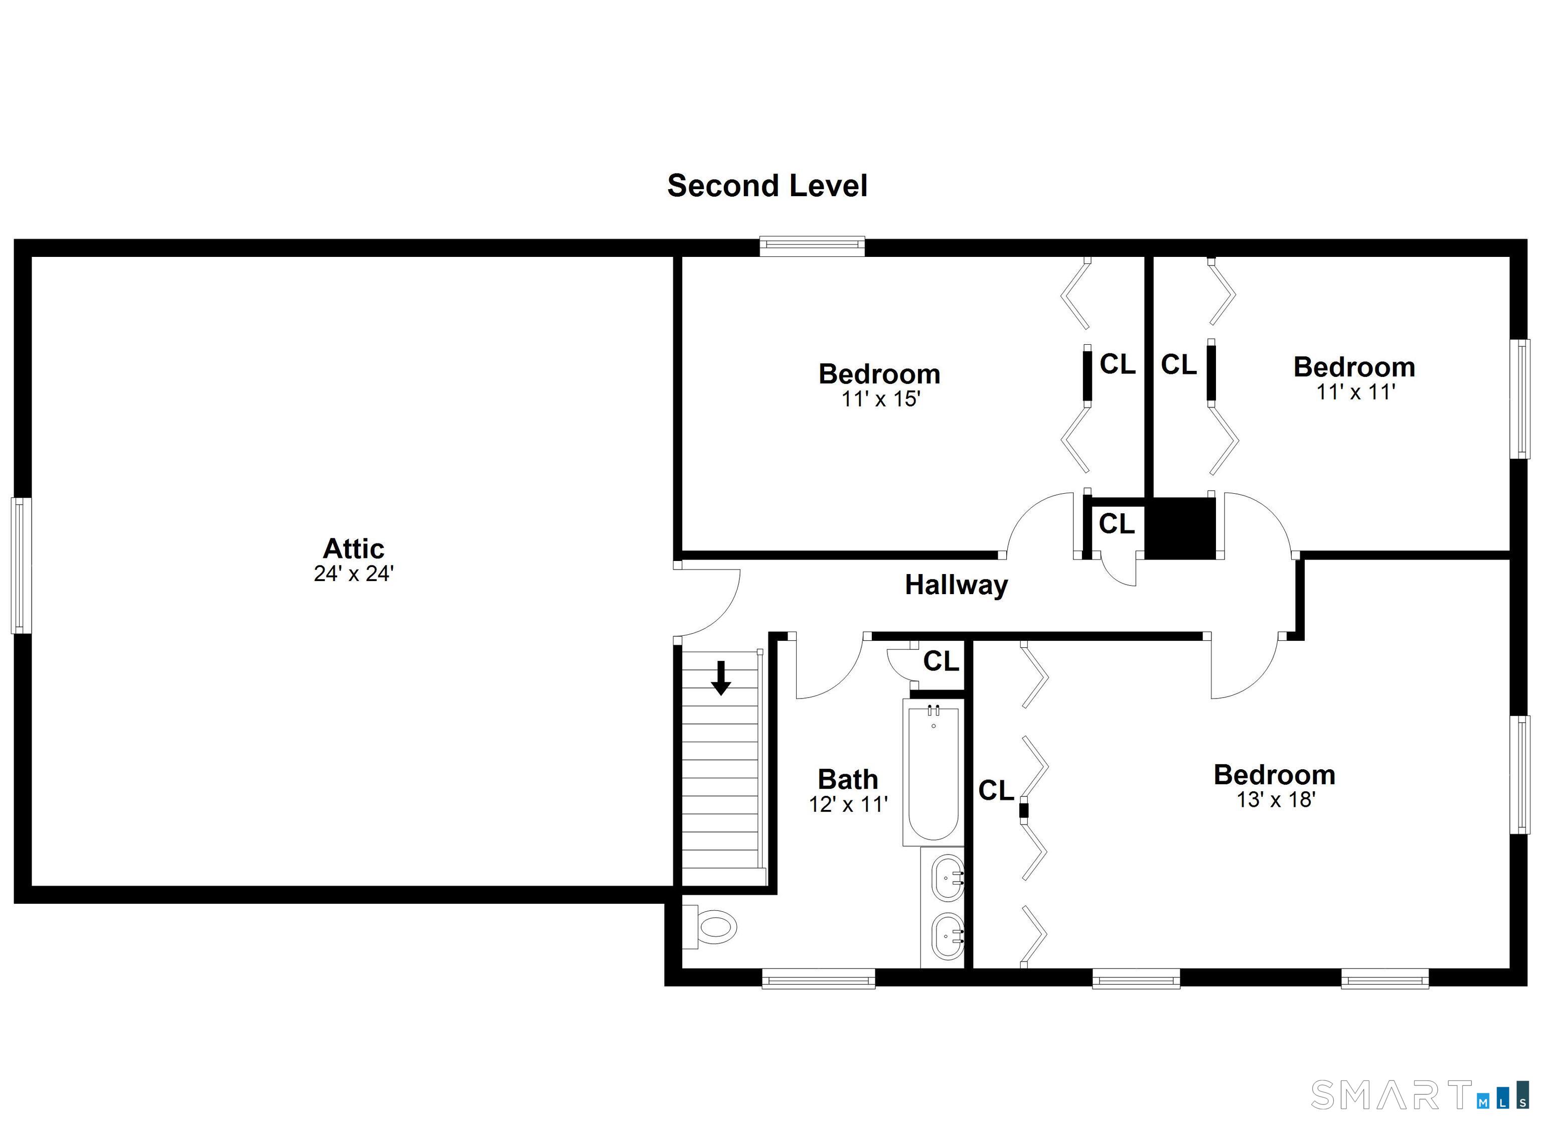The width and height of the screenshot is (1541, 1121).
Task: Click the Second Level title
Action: coord(766,186)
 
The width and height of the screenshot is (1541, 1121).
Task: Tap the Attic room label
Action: coord(353,548)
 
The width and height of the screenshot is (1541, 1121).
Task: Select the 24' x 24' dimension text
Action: coord(353,574)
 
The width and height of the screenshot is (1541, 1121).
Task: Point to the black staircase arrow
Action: coord(721,678)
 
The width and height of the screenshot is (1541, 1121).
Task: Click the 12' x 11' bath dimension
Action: coord(847,805)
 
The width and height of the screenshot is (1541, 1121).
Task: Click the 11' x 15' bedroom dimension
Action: coord(880,399)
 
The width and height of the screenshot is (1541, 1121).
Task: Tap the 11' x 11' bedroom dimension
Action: coord(1355,392)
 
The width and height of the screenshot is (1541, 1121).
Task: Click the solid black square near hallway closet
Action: coord(1180,528)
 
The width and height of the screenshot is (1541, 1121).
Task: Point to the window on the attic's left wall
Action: coord(21,565)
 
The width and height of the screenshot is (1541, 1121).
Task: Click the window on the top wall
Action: coord(812,245)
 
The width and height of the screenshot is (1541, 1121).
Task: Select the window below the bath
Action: coord(818,979)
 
